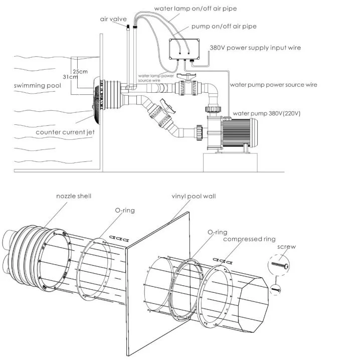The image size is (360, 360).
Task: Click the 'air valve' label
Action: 113,19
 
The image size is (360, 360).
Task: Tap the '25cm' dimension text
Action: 80,71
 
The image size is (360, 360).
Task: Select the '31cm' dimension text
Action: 70,77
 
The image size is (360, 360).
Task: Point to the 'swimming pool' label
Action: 38,86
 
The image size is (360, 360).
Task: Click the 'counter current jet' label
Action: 65,132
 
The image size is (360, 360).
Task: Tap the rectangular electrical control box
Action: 184,49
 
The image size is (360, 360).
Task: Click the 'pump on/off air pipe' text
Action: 224,27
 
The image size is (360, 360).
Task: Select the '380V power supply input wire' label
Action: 255,48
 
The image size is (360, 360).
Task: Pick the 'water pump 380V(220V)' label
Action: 267,113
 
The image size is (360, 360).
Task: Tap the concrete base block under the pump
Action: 230,162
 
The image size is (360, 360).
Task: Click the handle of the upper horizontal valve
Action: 186,76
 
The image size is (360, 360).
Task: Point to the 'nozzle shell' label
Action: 74,196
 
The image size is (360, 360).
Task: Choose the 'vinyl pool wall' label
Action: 194,197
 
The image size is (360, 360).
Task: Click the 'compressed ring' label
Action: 249,239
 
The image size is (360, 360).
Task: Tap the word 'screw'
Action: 286,247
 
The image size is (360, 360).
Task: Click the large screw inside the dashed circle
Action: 280,265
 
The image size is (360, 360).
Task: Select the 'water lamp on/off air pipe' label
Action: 196,9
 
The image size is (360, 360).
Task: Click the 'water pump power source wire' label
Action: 273,85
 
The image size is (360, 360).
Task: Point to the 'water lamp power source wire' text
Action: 156,78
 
